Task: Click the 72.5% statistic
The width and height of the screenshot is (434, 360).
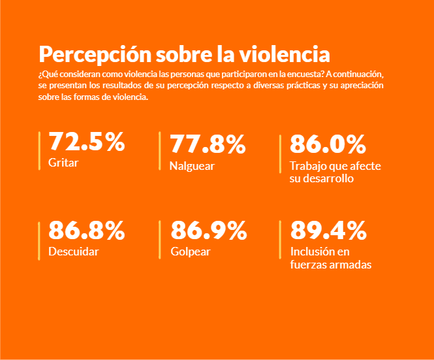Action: click(87, 141)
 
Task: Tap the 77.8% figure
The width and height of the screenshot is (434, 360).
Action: click(208, 144)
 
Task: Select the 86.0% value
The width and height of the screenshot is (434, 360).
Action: click(328, 144)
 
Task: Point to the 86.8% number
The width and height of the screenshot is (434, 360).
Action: click(87, 230)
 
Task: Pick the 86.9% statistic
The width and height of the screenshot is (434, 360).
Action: click(209, 230)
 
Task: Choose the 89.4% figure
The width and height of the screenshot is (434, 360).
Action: click(328, 230)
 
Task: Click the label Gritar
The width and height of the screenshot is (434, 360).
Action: click(63, 163)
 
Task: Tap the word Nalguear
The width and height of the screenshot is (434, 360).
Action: click(192, 166)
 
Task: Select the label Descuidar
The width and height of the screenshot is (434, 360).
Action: click(74, 252)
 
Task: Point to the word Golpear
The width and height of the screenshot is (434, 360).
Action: click(191, 252)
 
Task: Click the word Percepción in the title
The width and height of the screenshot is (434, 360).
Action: click(95, 55)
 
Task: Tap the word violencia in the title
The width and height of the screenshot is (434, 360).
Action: click(285, 54)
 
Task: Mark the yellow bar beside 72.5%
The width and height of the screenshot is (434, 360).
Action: click(39, 151)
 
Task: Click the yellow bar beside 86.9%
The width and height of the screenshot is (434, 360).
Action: click(160, 240)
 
